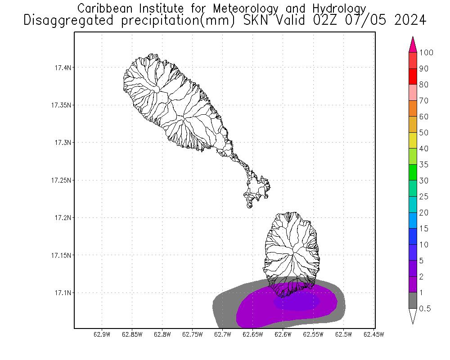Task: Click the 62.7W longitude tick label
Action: pyautogui.click(x=222, y=334)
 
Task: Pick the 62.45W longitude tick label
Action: pyautogui.click(x=373, y=334)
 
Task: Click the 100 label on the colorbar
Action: pyautogui.click(x=426, y=53)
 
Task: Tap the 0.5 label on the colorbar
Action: pyautogui.click(x=425, y=309)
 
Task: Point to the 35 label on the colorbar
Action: pyautogui.click(x=423, y=165)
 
